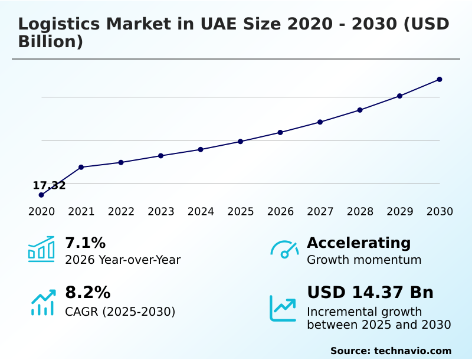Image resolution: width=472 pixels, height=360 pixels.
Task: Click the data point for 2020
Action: click(x=41, y=195)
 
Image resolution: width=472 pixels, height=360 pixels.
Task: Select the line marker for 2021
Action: click(x=81, y=167)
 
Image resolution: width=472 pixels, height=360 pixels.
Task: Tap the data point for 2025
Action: click(x=241, y=142)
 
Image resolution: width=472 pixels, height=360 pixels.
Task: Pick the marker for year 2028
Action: click(x=360, y=110)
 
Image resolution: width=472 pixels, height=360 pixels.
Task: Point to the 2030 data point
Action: click(x=440, y=79)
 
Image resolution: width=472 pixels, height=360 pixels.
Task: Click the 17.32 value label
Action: click(x=49, y=186)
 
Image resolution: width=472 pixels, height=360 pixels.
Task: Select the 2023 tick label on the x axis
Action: click(x=161, y=212)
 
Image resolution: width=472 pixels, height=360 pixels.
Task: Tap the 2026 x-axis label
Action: click(x=280, y=212)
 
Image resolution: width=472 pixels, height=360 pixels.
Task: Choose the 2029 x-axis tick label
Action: click(x=400, y=212)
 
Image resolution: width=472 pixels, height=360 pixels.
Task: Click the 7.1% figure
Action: click(x=85, y=243)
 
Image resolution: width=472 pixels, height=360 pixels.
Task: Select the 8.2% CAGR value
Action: click(x=87, y=292)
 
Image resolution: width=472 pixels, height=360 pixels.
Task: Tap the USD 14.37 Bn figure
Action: click(x=370, y=292)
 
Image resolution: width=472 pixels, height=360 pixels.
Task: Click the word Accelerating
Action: click(x=359, y=243)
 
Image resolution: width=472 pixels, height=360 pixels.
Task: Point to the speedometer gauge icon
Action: click(x=284, y=250)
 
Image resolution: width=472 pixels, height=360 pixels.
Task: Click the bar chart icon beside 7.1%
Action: click(x=41, y=249)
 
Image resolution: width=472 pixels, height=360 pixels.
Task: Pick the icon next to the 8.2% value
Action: click(x=42, y=303)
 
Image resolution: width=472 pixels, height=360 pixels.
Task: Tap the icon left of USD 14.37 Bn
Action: click(x=283, y=308)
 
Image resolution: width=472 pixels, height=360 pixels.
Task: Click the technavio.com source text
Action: click(x=412, y=351)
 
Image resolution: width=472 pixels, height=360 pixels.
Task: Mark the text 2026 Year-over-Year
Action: click(x=123, y=260)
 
